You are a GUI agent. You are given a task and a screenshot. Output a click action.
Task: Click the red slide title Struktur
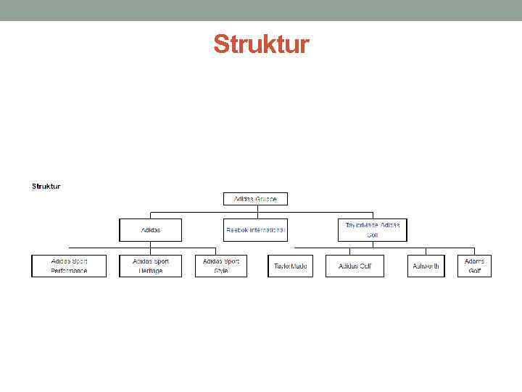coord(261,45)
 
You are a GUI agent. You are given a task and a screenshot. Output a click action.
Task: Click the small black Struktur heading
coord(46,187)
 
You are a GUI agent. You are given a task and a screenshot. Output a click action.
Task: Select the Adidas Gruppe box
coord(255,199)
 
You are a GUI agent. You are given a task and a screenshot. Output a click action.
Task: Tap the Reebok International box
coord(255,230)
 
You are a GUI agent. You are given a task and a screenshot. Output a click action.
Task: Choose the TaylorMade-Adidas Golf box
coord(373,230)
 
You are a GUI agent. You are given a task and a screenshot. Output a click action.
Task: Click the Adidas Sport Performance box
coord(69,266)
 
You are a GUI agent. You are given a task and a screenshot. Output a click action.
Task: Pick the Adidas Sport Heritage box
coord(151,266)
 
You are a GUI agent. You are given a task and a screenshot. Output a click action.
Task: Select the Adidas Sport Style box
coord(221,266)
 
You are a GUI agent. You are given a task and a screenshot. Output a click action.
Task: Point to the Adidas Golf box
coord(355,266)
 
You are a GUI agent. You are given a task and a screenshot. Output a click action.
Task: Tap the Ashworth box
coord(426,266)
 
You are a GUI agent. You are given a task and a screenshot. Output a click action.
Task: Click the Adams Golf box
coord(474,266)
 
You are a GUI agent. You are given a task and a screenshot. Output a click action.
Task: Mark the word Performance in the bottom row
coord(69,271)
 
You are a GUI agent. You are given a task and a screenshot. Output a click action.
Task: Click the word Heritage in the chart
coord(151,271)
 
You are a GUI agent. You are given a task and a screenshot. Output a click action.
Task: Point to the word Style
coord(221,271)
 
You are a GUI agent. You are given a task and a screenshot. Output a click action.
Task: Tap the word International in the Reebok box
coord(268,230)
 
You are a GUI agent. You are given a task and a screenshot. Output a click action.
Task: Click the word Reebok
coord(237,230)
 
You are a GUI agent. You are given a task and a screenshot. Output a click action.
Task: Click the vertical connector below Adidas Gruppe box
coord(255,209)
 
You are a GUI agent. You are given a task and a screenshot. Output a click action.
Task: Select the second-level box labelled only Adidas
coord(151,230)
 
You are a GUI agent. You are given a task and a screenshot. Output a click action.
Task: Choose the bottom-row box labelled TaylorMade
coord(290,266)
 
